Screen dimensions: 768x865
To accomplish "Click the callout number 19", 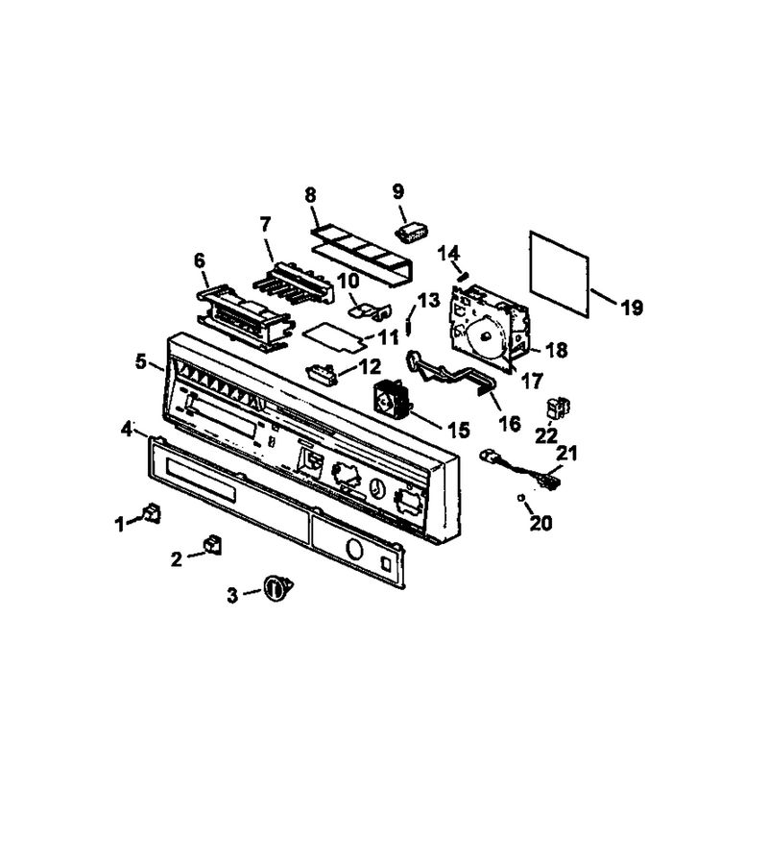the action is [632, 308].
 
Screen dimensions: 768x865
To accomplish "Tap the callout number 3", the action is [232, 595].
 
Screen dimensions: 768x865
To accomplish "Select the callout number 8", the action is [311, 195].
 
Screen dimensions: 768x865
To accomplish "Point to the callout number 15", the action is [459, 430].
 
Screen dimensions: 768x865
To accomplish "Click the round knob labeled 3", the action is [277, 587].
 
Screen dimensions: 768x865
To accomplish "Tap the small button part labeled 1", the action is [152, 513].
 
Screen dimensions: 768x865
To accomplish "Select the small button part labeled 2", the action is [212, 544].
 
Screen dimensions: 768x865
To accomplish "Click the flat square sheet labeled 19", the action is [559, 274].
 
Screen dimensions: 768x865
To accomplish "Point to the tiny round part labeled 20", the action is [520, 498].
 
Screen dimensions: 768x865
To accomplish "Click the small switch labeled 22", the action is [558, 408].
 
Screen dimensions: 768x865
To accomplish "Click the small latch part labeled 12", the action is [320, 371].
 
